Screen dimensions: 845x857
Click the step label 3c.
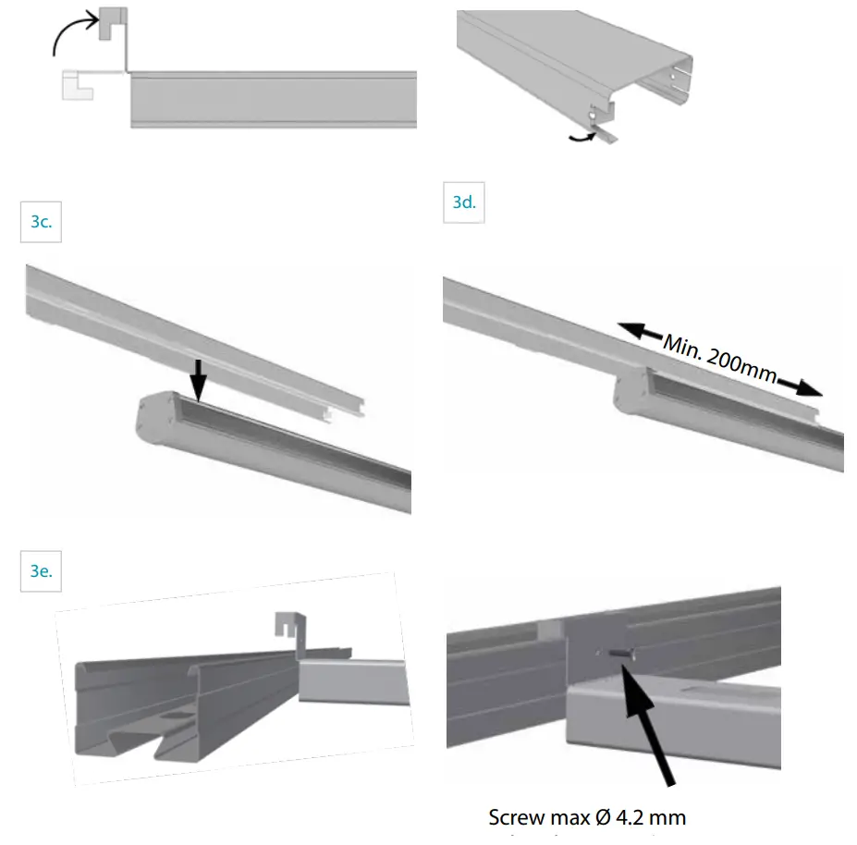tap(41, 223)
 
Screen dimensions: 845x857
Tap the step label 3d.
tap(465, 202)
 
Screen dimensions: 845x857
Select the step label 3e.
tap(41, 570)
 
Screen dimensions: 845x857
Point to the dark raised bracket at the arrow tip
tap(112, 24)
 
